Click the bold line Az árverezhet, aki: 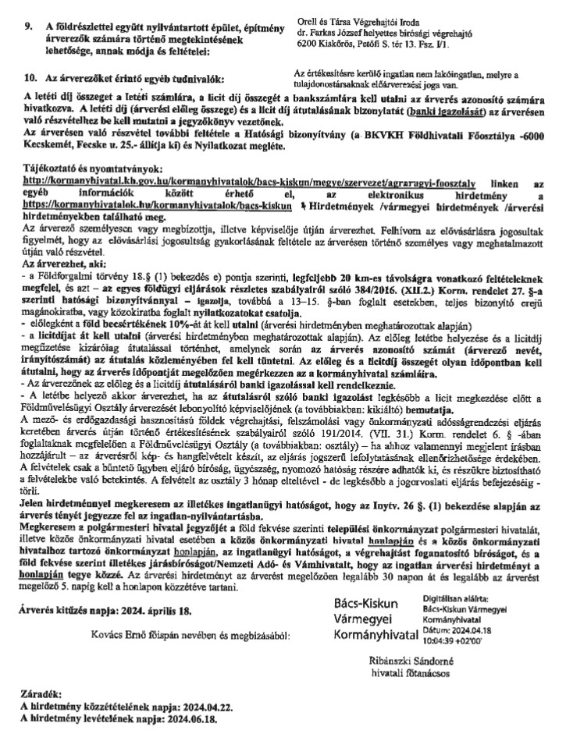click(60, 264)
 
